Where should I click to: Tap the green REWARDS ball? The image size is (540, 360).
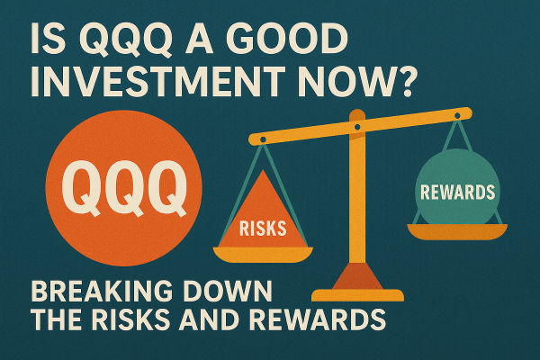pyautogui.click(x=456, y=192)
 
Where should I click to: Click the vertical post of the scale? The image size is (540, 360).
pyautogui.click(x=357, y=207)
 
